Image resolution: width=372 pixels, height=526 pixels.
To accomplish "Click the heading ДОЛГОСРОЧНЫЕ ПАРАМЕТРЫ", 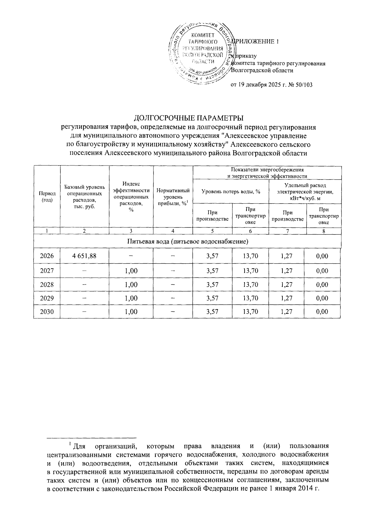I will point(188,118).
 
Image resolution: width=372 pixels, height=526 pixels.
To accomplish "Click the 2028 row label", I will point(47,284).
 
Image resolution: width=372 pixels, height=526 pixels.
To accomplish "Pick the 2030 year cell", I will point(47,312).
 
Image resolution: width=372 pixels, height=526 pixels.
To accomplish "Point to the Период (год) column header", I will point(47,196).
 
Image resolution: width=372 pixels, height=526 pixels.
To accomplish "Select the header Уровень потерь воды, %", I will point(231,192).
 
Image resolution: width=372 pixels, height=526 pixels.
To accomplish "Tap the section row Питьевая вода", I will point(187,241).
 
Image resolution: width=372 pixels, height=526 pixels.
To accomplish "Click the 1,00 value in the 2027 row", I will point(131,271).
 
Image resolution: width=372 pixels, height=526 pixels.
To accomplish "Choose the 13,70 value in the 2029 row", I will point(250,298).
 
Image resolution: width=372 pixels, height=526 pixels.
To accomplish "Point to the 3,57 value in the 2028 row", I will point(212,284).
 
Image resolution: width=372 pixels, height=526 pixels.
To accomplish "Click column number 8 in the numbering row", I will point(323,231).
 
